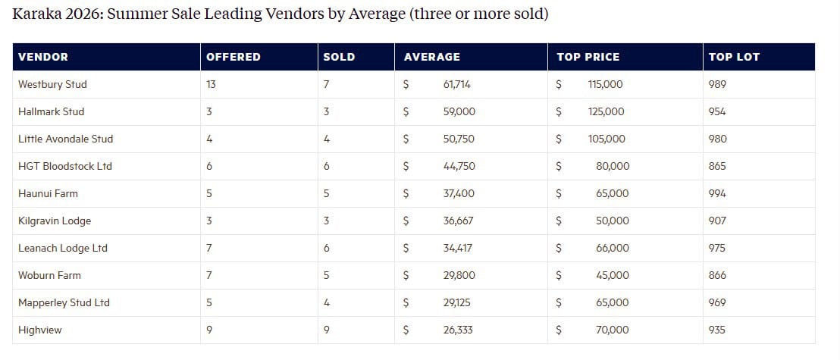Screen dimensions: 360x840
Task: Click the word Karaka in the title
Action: click(37, 14)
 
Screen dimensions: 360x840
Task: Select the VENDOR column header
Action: click(43, 57)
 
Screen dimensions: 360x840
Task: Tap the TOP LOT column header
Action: click(733, 57)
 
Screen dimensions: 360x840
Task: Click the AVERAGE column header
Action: click(431, 57)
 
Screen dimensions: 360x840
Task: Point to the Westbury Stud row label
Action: click(52, 84)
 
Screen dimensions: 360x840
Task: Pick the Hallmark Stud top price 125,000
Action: click(606, 111)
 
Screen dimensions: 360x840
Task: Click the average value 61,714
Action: click(457, 84)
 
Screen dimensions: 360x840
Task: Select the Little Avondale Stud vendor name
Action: click(65, 139)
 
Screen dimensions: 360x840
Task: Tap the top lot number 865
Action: click(716, 166)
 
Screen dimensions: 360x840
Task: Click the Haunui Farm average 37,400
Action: click(459, 193)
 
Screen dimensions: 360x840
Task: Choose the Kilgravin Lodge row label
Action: click(55, 221)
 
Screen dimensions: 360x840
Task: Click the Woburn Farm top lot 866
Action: click(716, 275)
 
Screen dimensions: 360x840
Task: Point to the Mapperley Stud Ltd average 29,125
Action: click(458, 302)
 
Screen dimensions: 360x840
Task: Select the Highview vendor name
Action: click(40, 330)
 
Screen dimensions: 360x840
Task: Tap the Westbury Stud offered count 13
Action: click(211, 84)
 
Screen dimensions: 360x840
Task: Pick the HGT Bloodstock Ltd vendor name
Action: click(65, 166)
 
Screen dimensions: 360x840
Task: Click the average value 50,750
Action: click(459, 139)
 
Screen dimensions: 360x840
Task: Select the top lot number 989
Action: click(716, 84)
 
